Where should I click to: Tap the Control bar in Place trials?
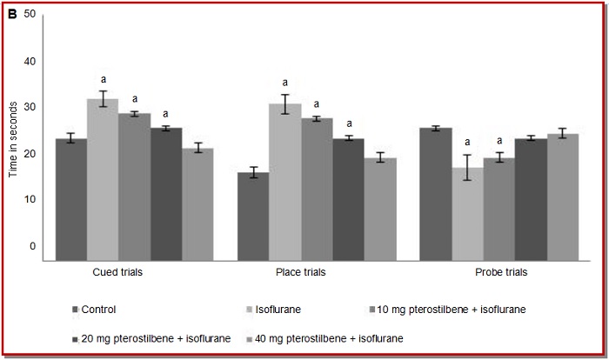click(x=253, y=216)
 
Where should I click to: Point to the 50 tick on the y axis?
click(x=30, y=16)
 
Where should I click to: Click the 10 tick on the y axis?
click(x=30, y=200)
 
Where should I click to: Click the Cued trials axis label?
click(x=117, y=272)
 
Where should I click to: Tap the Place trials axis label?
click(x=300, y=272)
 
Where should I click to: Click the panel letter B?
click(x=12, y=15)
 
